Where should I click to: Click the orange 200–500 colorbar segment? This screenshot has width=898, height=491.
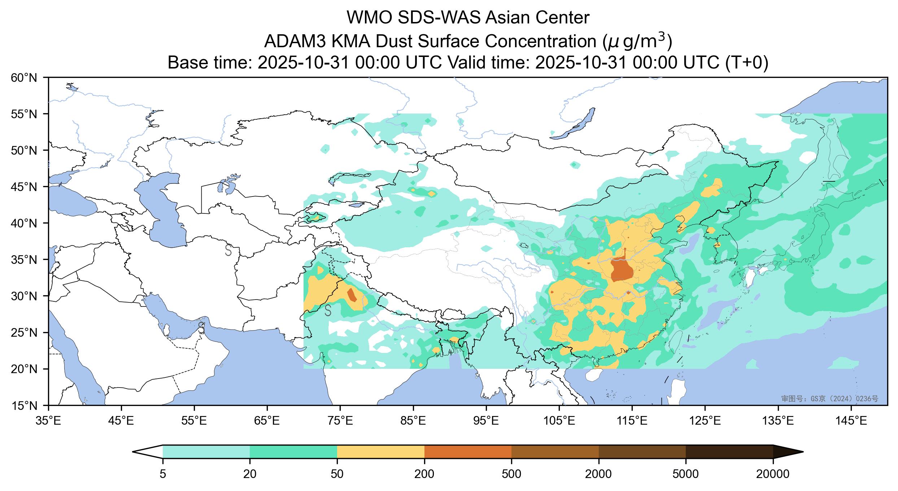[468, 452]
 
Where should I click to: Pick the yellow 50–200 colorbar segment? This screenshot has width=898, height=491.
[380, 452]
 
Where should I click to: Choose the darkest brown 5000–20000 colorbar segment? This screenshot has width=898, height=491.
[729, 452]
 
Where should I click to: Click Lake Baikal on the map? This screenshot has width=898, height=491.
[574, 124]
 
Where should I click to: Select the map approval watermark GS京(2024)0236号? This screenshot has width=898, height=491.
[829, 398]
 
